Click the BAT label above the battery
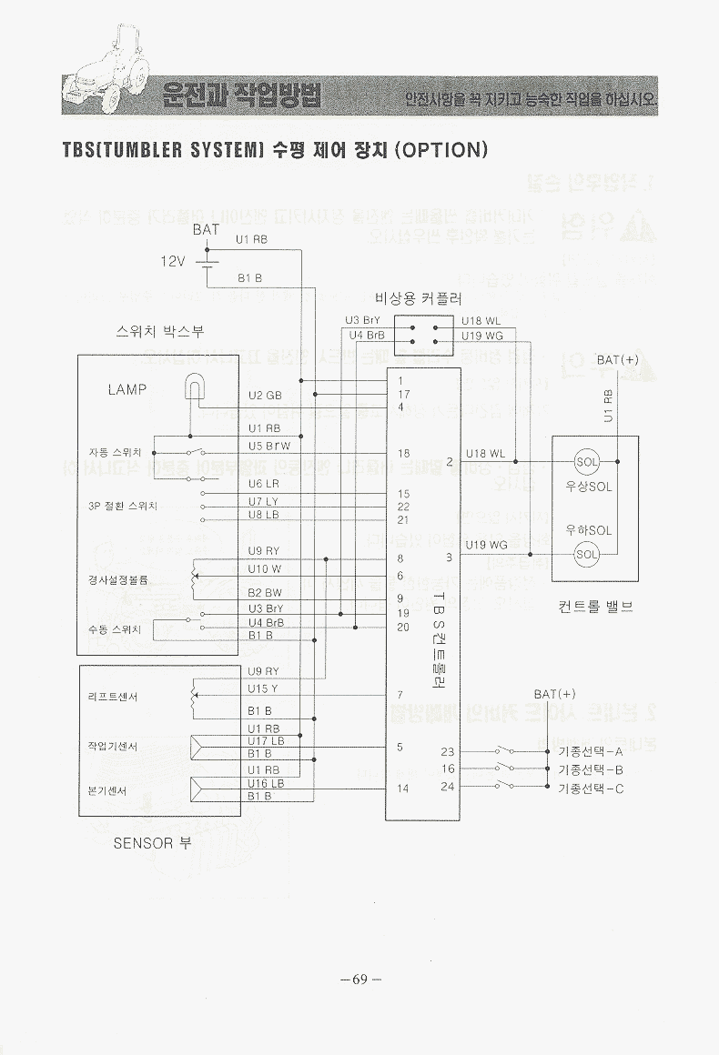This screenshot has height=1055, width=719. point(206,230)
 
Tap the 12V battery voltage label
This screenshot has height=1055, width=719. point(173,261)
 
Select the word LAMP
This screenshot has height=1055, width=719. point(127,389)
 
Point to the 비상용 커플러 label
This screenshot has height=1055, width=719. point(419,297)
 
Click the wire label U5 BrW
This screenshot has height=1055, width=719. point(268,446)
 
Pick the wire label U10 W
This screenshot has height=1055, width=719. point(265,568)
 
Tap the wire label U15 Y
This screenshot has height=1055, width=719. point(265,688)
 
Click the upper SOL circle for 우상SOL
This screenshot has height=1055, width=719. point(587,461)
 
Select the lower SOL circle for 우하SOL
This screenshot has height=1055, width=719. point(587,553)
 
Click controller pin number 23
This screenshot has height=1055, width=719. point(447,751)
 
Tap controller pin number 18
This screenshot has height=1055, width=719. point(403,453)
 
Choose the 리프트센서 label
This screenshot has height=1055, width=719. point(112,698)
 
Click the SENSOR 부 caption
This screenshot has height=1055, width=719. point(152,843)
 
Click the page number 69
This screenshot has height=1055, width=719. point(359,980)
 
